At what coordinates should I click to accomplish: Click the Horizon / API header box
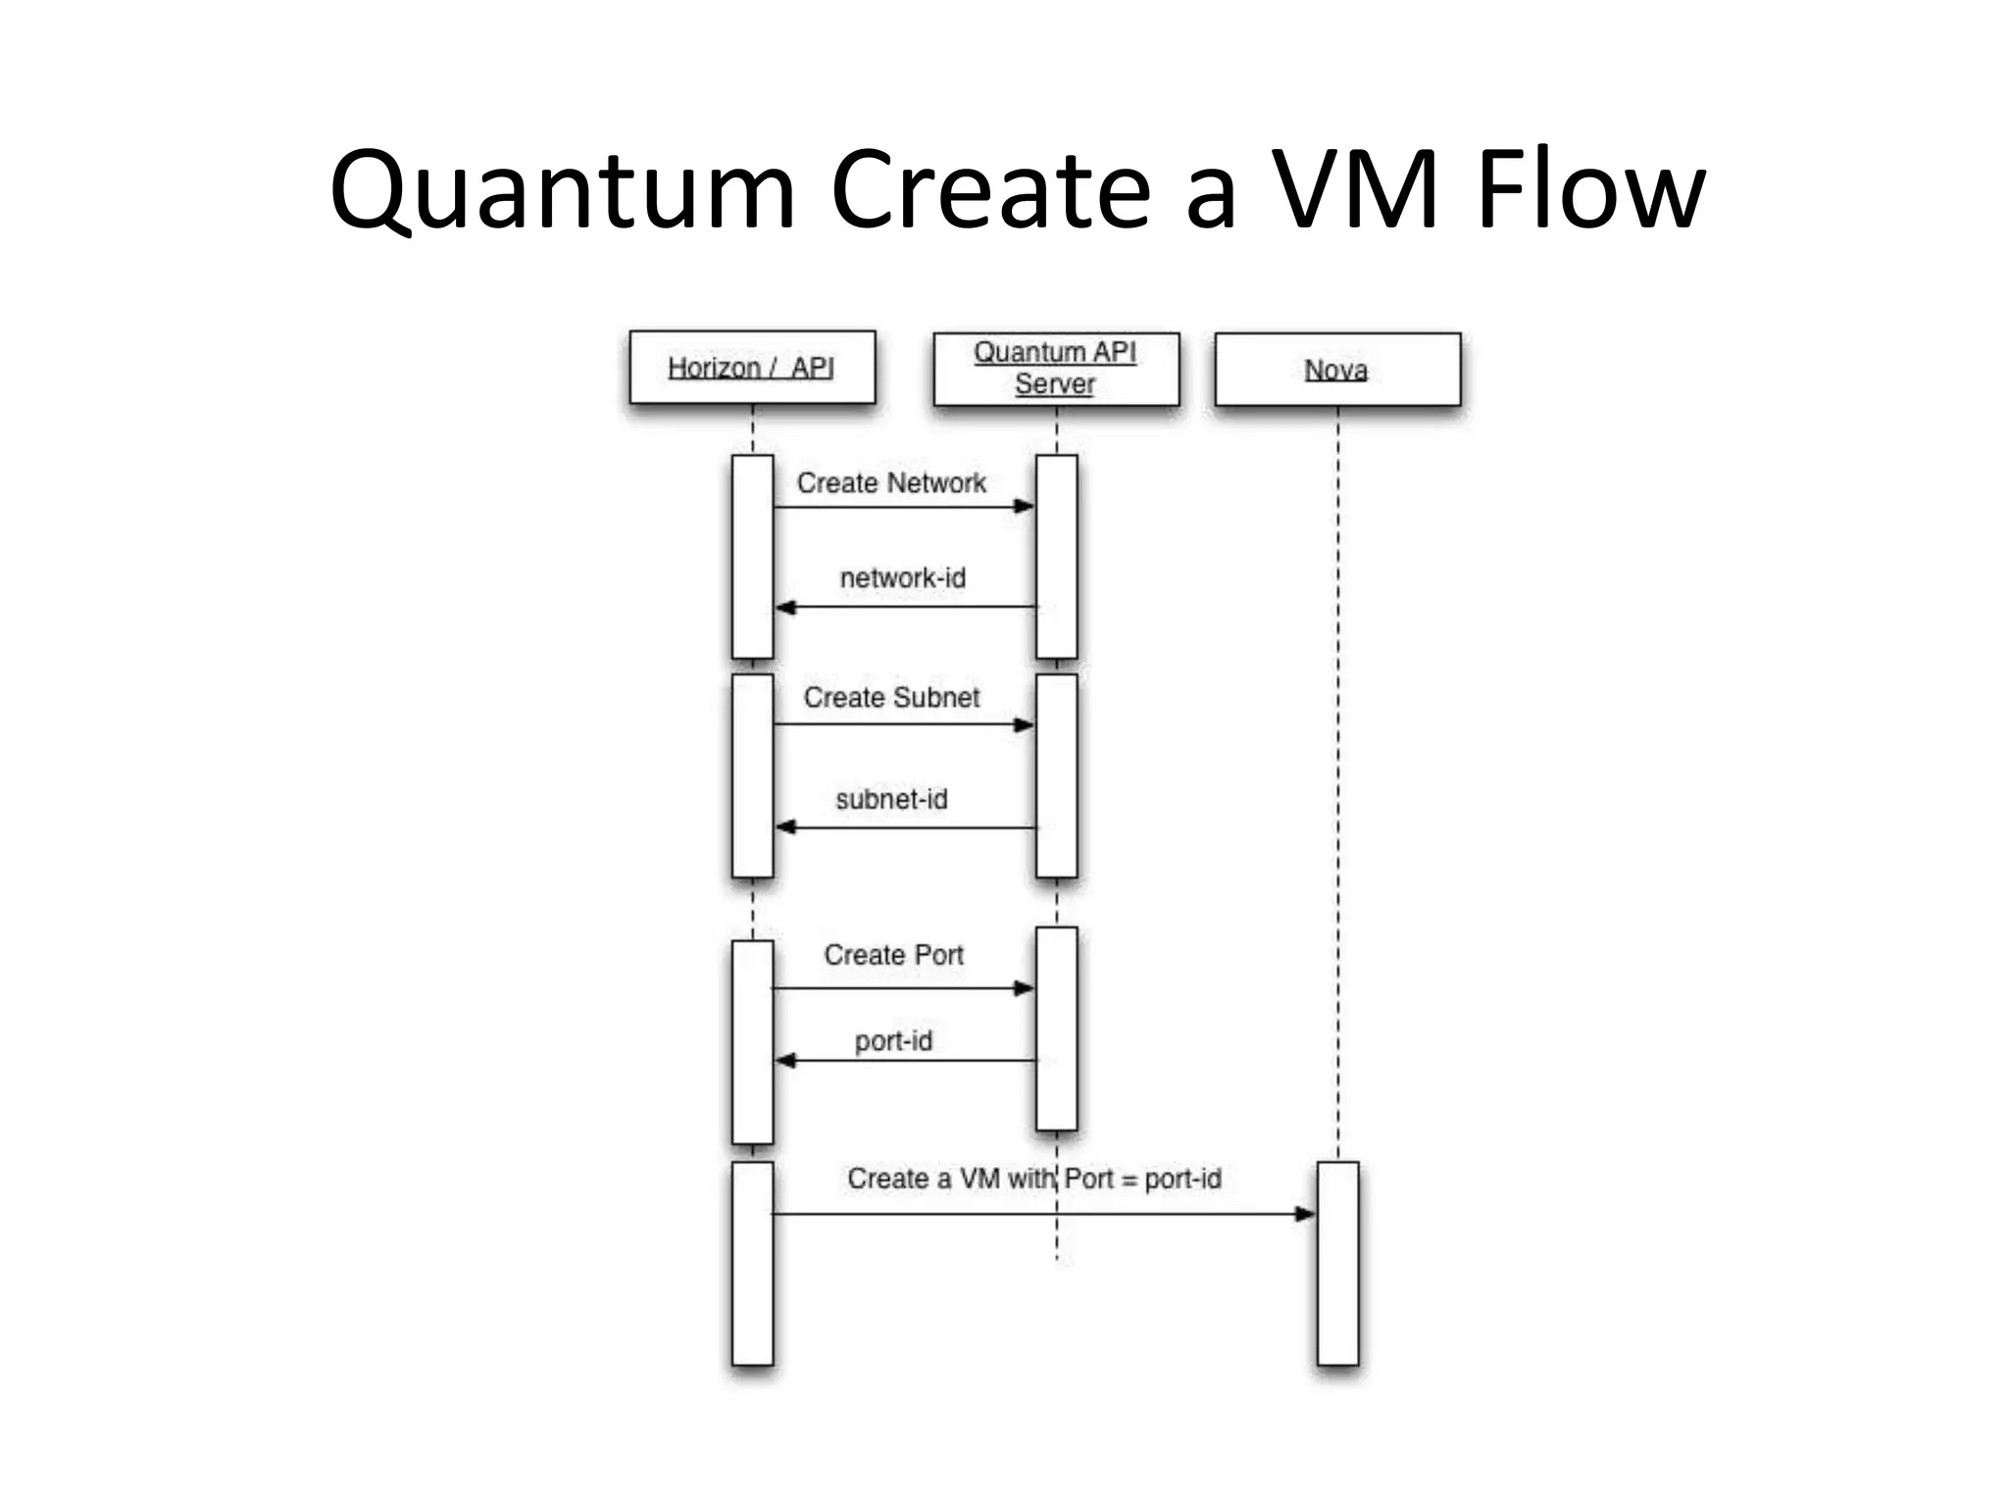click(752, 368)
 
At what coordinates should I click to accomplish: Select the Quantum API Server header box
click(1056, 369)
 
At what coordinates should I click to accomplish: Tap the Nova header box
click(1337, 370)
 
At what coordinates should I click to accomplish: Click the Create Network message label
click(891, 482)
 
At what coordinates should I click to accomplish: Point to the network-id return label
click(902, 577)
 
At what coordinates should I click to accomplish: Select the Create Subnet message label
click(891, 697)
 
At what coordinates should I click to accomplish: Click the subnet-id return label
click(891, 799)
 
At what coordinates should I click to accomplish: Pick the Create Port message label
click(893, 955)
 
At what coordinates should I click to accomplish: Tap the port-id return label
click(892, 1040)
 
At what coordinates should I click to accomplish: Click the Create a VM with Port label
click(1034, 1179)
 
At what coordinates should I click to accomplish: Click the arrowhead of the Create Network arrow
click(1025, 507)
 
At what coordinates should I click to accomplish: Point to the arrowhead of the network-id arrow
click(785, 608)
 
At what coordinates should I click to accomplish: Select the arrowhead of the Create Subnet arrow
click(1025, 726)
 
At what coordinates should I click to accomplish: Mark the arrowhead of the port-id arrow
click(785, 1061)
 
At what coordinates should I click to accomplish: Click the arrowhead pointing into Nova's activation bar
click(1305, 1215)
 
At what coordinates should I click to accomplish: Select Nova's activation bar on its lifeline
click(1337, 1265)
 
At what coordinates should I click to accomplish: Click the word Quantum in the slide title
click(562, 191)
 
